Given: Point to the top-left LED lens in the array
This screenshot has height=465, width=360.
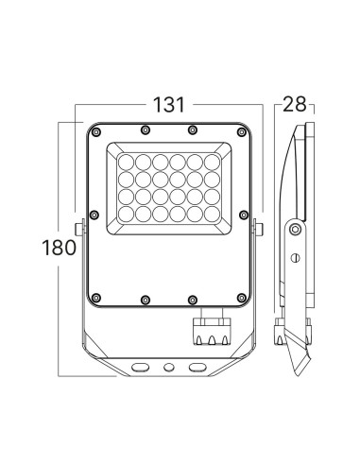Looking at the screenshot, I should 123,158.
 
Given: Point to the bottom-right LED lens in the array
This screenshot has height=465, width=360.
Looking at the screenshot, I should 214,216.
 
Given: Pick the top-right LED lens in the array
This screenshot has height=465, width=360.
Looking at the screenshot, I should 214,158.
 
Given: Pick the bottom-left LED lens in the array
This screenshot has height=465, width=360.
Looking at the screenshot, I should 123,216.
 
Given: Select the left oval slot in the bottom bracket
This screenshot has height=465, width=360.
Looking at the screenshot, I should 141,365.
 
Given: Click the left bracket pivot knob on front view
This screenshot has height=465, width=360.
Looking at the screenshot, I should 83,227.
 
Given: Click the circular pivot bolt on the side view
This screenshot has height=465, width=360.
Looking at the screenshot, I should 297,229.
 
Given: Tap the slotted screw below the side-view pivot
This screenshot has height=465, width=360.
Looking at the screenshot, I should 295,257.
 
